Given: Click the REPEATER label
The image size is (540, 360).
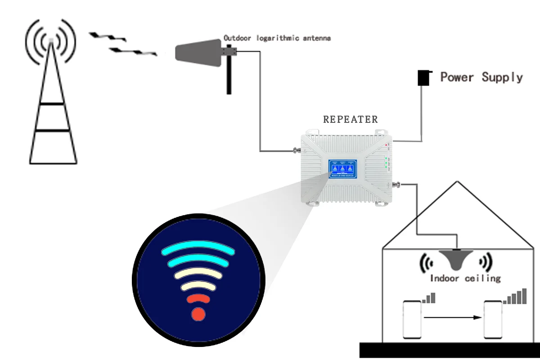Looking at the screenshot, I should click(351, 120).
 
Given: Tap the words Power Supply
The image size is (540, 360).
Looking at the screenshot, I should click(481, 77).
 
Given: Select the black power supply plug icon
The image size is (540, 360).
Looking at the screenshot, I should click(423, 78).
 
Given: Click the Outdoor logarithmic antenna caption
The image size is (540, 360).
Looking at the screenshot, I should click(277, 38).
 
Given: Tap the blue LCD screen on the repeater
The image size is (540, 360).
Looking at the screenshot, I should click(342, 168).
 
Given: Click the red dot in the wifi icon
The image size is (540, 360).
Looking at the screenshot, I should click(198, 314).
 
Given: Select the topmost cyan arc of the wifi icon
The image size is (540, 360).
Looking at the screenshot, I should click(198, 248).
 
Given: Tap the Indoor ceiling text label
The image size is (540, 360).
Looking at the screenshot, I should click(465, 279).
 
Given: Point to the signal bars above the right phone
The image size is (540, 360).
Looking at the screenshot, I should click(516, 297).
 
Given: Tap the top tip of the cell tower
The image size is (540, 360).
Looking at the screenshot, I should click(51, 41).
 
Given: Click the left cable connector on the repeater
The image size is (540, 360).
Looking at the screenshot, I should click(297, 150).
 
